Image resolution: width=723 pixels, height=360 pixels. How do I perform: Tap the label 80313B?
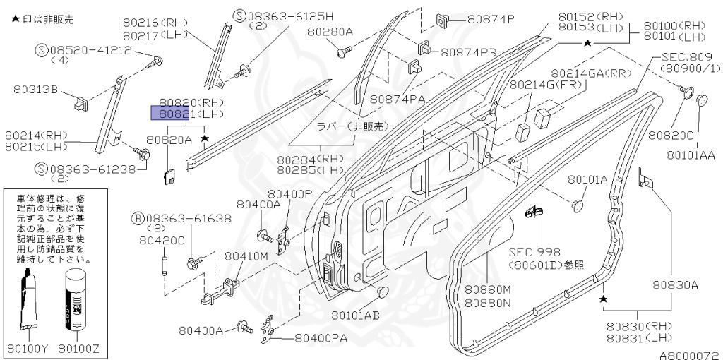pyautogui.click(x=35, y=89)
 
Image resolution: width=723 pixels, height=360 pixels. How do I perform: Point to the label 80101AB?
pyautogui.click(x=356, y=315)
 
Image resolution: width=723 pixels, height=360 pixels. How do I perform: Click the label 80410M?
pyautogui.click(x=246, y=256)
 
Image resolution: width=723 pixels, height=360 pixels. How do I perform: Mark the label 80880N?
pyautogui.click(x=487, y=303)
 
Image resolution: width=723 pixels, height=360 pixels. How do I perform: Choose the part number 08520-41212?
pyautogui.click(x=89, y=50)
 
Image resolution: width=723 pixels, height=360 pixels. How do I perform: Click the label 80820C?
pyautogui.click(x=671, y=135)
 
